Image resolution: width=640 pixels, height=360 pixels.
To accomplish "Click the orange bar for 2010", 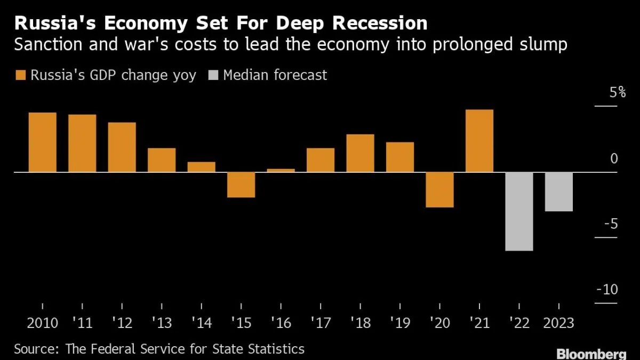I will tap(42, 142).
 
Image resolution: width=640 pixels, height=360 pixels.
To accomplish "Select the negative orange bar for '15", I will tap(241, 185).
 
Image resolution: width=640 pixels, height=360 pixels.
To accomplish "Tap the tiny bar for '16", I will tap(281, 170).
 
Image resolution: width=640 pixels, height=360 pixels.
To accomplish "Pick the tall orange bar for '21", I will tap(479, 141).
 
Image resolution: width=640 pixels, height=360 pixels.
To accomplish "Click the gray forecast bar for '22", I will tap(519, 211).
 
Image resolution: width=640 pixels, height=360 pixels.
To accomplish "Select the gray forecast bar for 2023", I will tap(558, 191).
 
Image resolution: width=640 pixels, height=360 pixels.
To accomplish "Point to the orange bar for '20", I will tap(439, 189).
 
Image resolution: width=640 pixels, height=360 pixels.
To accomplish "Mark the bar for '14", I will tap(201, 167).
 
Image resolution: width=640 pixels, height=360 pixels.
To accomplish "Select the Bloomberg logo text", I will tap(591, 354).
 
